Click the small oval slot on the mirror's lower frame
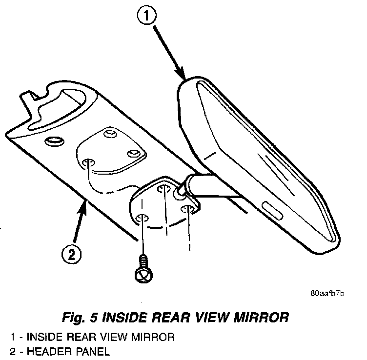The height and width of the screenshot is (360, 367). coord(271,209)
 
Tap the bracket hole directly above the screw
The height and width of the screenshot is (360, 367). coord(142,218)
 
